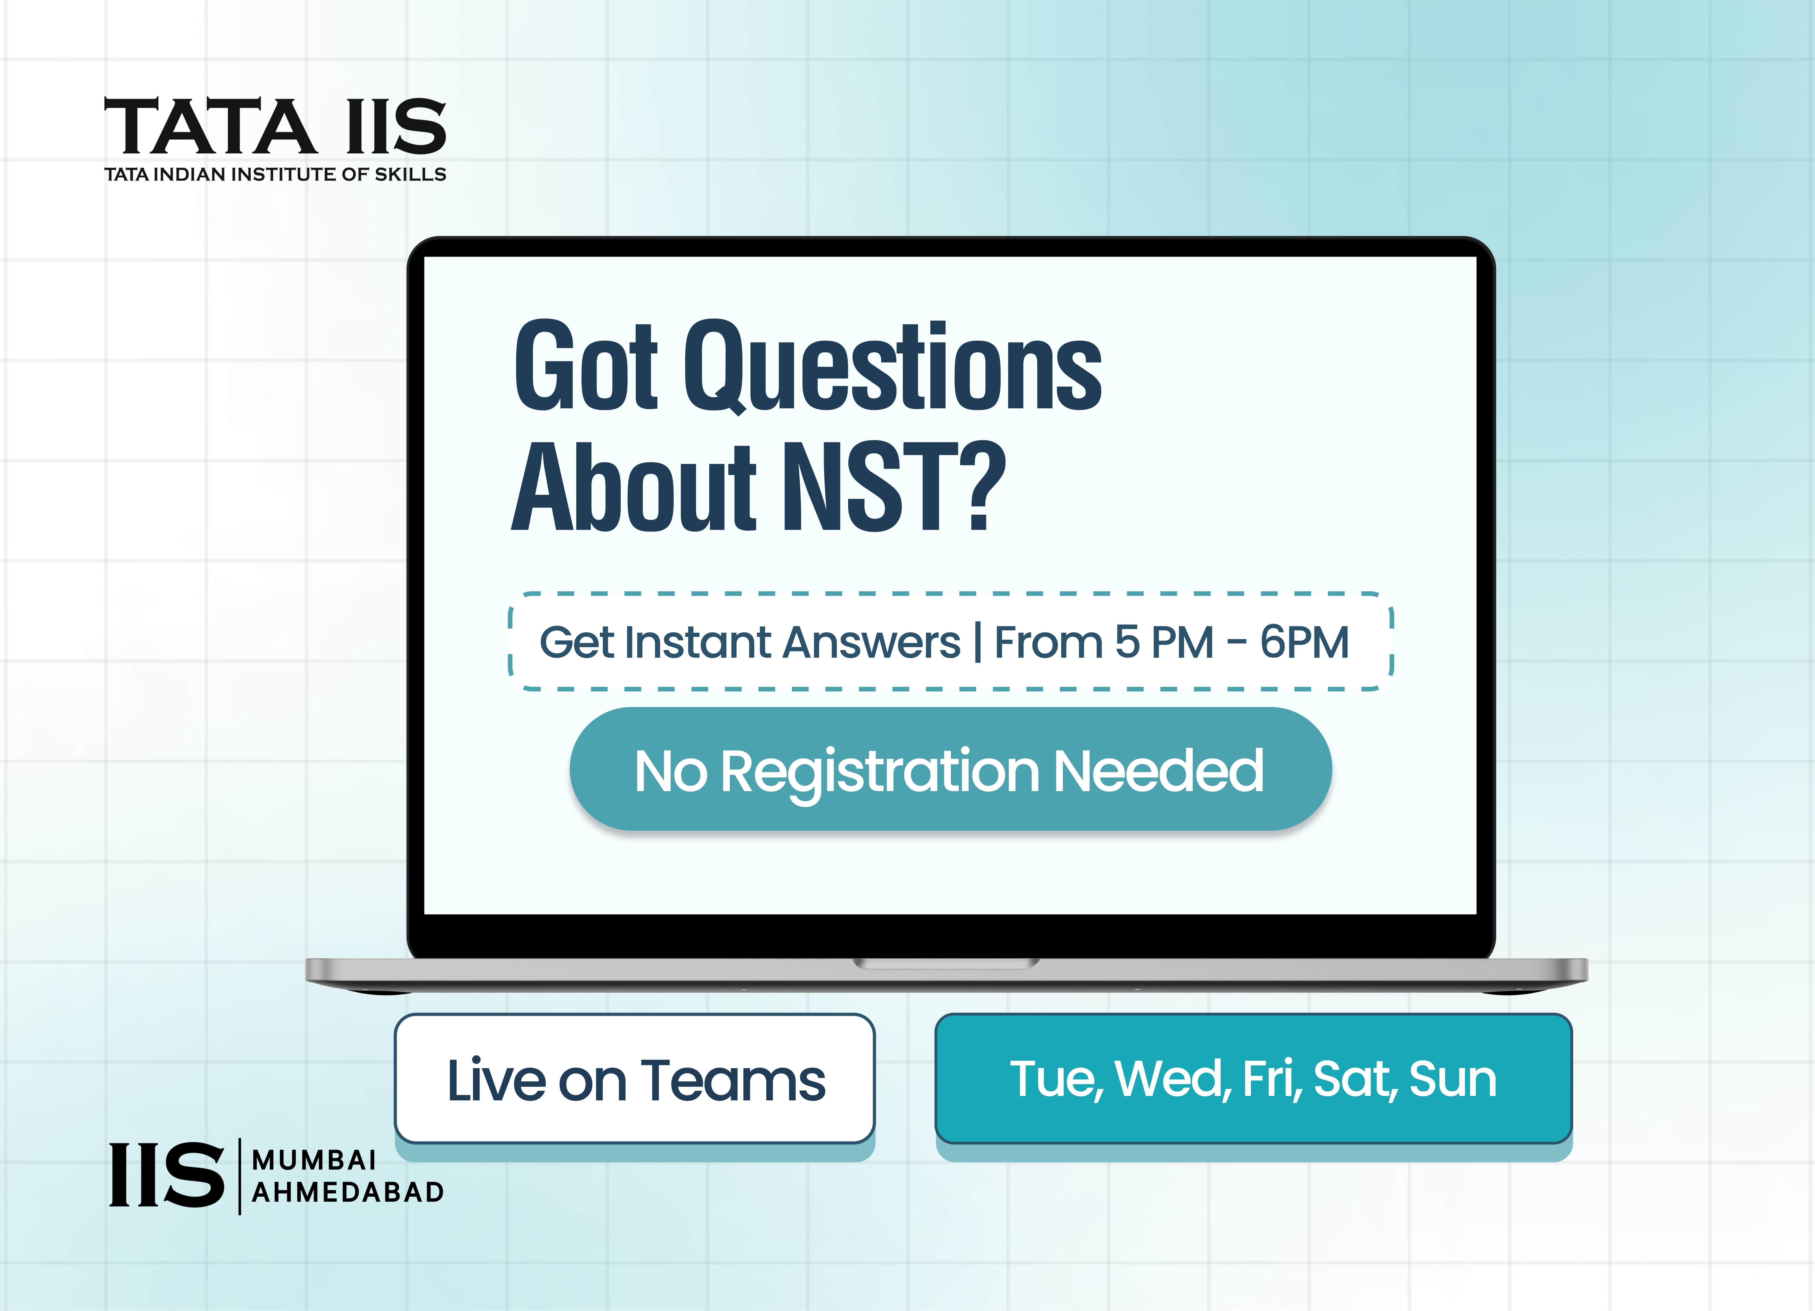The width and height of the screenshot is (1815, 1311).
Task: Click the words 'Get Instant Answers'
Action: [x=750, y=643]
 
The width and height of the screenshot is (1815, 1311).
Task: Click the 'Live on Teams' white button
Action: [x=635, y=1078]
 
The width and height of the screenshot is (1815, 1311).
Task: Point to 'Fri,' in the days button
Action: [x=1272, y=1079]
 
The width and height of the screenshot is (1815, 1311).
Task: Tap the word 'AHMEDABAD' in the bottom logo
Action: [x=348, y=1192]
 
